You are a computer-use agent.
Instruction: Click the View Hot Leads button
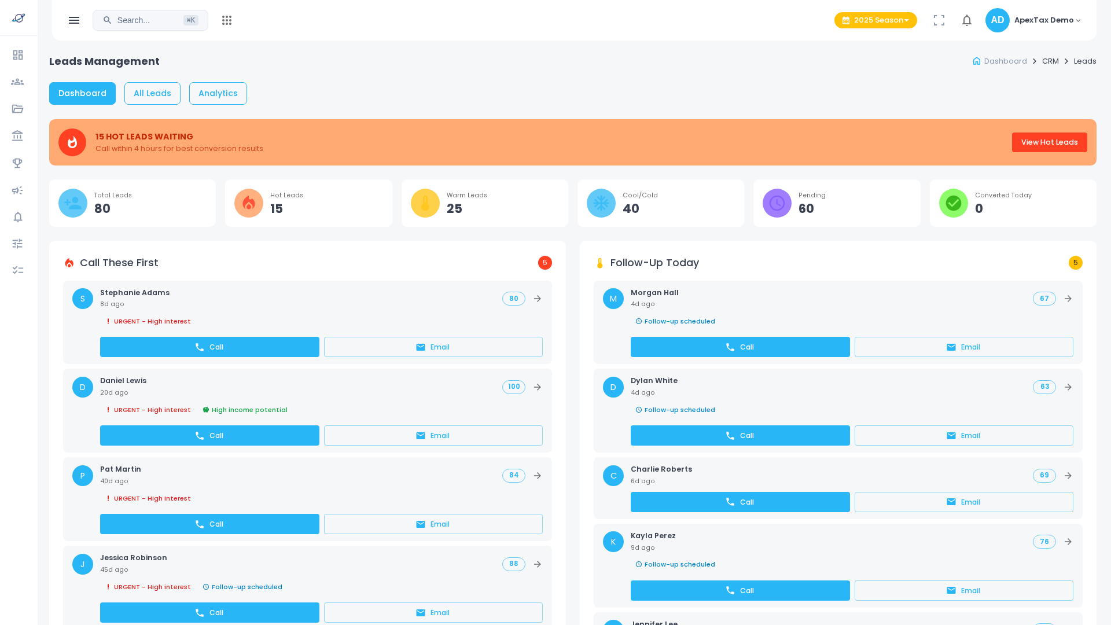[x=1049, y=142]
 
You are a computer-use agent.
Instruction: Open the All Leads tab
[x=152, y=93]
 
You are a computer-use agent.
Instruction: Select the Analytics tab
[x=218, y=93]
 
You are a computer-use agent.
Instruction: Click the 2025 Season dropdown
[x=875, y=20]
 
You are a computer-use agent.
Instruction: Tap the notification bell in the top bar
[x=967, y=20]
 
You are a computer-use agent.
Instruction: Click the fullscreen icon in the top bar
[x=939, y=20]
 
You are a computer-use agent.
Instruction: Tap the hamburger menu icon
[x=74, y=20]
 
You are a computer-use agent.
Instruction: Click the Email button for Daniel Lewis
[x=433, y=436]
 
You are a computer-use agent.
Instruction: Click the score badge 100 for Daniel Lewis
[x=513, y=387]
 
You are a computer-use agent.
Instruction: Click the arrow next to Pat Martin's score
[x=538, y=476]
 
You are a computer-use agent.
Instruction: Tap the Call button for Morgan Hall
[x=740, y=347]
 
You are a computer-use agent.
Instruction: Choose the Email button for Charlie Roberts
[x=963, y=502]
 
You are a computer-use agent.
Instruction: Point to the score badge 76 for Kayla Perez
[x=1044, y=542]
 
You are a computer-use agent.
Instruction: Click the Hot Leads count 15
[x=277, y=209]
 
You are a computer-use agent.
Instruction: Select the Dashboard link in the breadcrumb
[x=1005, y=61]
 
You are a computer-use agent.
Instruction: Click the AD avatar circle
[x=997, y=20]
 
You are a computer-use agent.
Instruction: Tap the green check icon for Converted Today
[x=953, y=203]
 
